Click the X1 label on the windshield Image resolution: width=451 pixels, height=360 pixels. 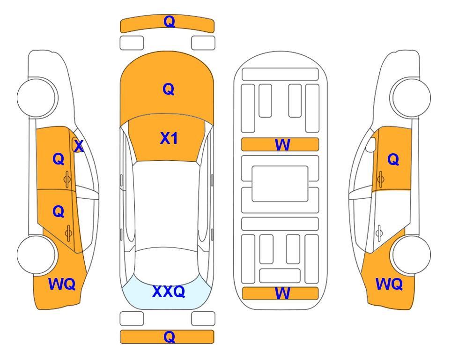[x=169, y=138]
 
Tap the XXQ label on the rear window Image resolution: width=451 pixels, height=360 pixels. [x=169, y=292]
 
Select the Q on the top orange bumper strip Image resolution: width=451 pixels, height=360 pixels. [x=169, y=22]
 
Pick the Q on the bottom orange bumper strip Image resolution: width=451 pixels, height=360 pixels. [x=169, y=337]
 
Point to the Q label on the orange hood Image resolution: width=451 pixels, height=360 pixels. [x=169, y=89]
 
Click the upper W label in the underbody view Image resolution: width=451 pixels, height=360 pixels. [x=282, y=144]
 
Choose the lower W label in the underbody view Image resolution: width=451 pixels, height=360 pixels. [x=282, y=293]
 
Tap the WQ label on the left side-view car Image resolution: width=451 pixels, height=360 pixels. [x=62, y=284]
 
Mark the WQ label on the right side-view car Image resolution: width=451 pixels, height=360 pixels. [x=389, y=284]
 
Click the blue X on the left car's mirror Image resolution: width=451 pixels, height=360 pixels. [x=79, y=146]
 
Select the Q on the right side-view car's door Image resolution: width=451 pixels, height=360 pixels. [x=393, y=159]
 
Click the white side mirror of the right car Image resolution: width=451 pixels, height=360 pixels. [x=371, y=145]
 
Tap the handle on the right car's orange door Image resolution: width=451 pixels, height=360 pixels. [x=380, y=179]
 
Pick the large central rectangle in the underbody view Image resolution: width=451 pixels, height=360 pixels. [x=280, y=184]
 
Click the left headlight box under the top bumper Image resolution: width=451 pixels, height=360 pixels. [x=132, y=43]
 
